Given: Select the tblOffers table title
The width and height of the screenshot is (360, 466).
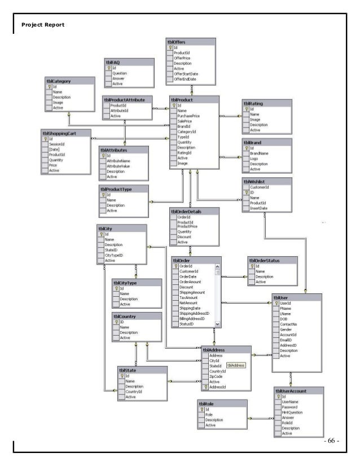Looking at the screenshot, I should coord(181,42).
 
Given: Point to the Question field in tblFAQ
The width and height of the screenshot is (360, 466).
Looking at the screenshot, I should coord(119,73).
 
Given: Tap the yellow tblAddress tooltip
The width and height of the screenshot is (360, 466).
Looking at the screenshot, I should coord(236,366).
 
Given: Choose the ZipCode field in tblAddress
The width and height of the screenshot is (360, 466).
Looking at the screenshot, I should coord(217,376).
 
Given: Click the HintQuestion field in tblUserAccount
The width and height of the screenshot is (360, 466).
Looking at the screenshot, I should coord(292,411).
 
